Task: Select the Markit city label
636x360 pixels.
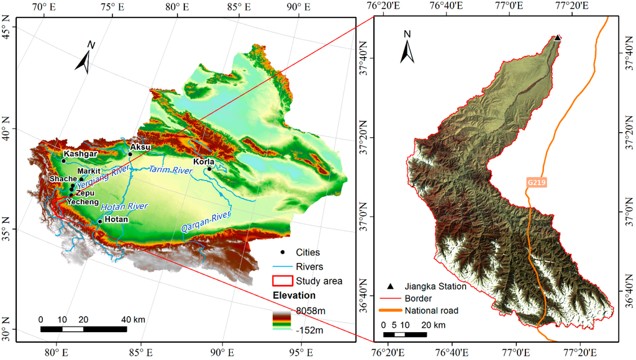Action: [x=89, y=171]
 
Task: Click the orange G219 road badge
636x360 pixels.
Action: [x=534, y=182]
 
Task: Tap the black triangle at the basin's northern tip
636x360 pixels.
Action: [x=558, y=38]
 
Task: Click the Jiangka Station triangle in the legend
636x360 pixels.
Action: [x=390, y=286]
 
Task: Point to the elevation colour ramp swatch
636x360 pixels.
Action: [x=282, y=320]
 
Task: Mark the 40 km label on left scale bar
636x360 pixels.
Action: [x=133, y=320]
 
